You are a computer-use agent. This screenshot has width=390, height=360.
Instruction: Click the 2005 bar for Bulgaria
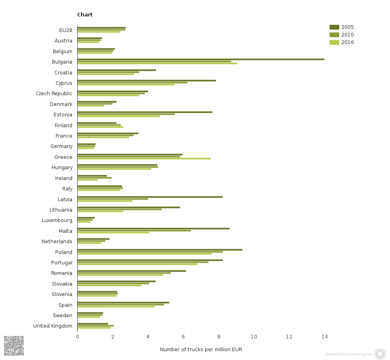(x=200, y=59)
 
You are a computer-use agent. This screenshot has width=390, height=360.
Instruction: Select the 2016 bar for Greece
(x=144, y=158)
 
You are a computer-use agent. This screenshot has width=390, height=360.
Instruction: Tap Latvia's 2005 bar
(x=150, y=197)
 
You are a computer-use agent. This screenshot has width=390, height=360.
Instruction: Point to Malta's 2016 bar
(x=113, y=232)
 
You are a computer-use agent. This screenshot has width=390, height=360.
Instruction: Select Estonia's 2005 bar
(x=145, y=112)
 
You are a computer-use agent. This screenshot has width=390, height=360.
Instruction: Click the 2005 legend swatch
(x=334, y=27)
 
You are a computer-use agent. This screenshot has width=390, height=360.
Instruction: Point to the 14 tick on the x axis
(x=324, y=337)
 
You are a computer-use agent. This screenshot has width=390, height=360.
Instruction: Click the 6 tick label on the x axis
(x=183, y=337)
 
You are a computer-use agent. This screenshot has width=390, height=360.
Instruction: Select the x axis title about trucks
(x=201, y=350)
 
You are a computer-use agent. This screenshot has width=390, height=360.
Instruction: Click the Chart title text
(x=85, y=15)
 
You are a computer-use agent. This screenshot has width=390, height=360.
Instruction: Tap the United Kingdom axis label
(x=53, y=326)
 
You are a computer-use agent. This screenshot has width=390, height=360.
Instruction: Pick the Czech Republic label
(x=54, y=94)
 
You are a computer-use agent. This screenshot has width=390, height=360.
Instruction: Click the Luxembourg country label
(x=57, y=220)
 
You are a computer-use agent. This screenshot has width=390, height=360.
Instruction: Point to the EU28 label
(x=66, y=30)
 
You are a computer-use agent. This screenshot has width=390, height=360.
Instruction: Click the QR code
(x=14, y=346)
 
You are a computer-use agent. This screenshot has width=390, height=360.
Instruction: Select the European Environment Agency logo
(x=380, y=354)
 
